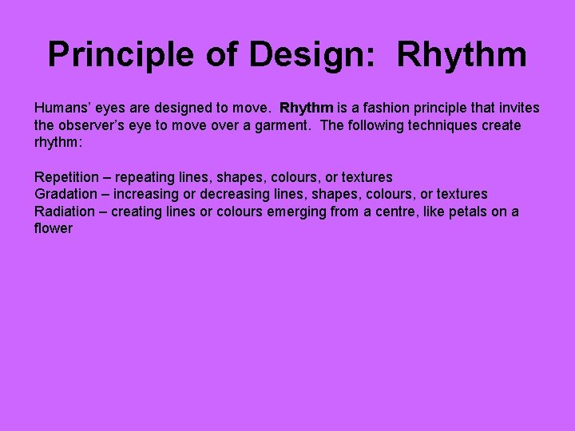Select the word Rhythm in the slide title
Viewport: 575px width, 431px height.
pos(462,55)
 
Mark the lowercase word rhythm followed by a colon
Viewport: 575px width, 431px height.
pos(58,143)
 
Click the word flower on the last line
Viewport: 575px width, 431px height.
pos(54,229)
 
